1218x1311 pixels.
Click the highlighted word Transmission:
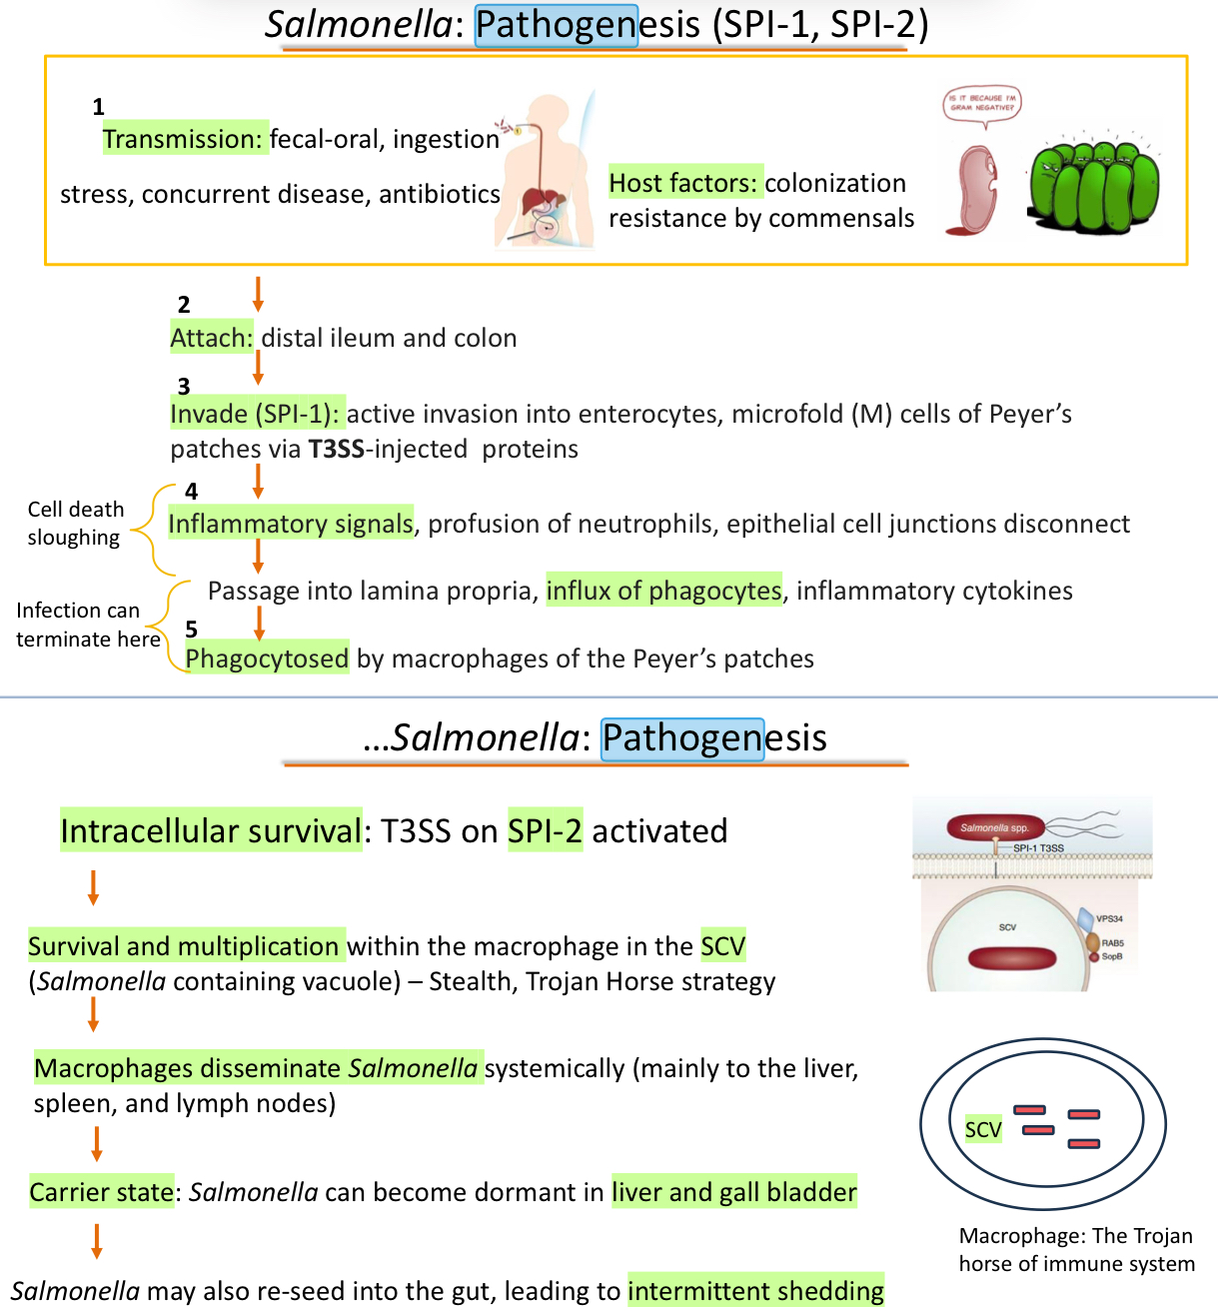[x=184, y=139]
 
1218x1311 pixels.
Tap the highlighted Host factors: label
[x=685, y=183]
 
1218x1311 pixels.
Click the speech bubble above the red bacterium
[x=982, y=103]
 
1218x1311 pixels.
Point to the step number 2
[x=184, y=305]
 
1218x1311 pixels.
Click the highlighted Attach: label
[x=212, y=338]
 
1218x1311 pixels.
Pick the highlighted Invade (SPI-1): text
[x=257, y=414]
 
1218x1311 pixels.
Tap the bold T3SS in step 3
[x=336, y=449]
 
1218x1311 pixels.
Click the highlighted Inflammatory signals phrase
[x=291, y=524]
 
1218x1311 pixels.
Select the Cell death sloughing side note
[x=76, y=524]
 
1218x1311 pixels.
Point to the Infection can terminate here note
[x=88, y=625]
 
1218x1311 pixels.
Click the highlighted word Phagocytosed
[x=267, y=658]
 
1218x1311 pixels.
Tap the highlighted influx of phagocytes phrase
[x=664, y=591]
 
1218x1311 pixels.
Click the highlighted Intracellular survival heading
[x=211, y=830]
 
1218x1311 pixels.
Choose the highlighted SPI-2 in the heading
[x=545, y=830]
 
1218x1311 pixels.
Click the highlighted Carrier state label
[x=102, y=1192]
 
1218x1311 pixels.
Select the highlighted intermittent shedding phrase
[x=755, y=1291]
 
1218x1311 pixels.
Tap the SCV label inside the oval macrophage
[x=983, y=1129]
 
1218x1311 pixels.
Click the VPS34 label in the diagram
[x=1109, y=918]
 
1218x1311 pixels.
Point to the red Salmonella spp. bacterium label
[x=994, y=827]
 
